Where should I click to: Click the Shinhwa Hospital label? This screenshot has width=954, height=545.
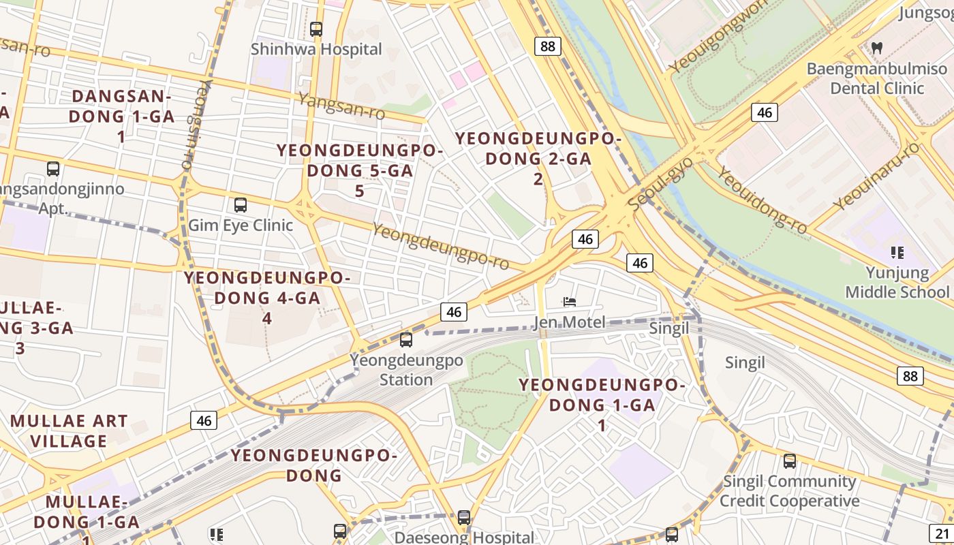click(x=316, y=49)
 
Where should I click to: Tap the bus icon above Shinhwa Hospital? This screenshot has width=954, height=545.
click(x=316, y=29)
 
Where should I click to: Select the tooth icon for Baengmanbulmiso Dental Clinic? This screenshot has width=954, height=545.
click(x=877, y=48)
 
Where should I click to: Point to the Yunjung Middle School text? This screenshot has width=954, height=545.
click(x=897, y=283)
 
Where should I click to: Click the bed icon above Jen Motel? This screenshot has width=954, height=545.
click(x=570, y=302)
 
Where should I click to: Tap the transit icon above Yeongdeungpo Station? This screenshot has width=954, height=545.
click(x=406, y=339)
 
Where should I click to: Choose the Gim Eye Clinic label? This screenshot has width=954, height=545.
click(x=241, y=225)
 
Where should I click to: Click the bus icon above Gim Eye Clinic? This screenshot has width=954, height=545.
click(x=240, y=204)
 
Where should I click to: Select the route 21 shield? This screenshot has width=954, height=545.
click(x=943, y=533)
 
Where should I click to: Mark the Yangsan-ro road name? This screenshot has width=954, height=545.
click(x=341, y=105)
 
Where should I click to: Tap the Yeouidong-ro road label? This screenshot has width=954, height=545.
click(x=762, y=200)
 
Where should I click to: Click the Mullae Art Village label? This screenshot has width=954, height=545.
click(x=69, y=431)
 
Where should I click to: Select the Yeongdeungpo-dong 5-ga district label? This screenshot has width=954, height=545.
click(x=360, y=170)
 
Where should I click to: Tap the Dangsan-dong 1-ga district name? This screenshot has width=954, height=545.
click(x=121, y=116)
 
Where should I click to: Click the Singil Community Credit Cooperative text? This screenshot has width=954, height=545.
click(x=790, y=491)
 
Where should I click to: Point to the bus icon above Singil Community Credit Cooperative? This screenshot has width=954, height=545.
click(x=790, y=461)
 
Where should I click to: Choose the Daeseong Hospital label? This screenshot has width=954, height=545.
click(x=464, y=538)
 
